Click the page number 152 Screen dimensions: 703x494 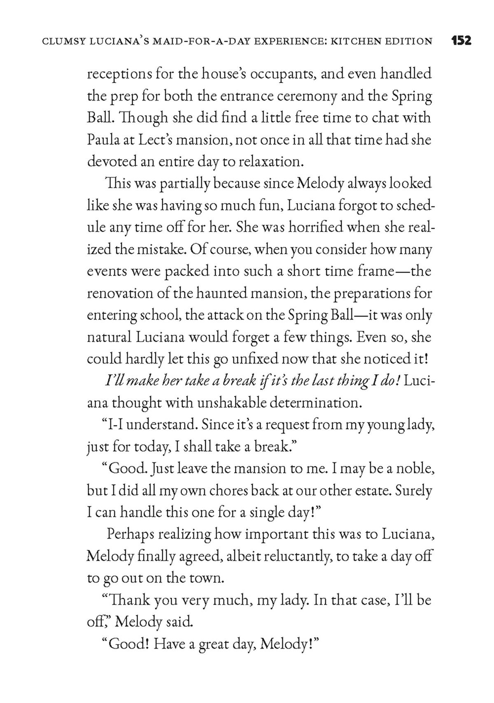pyautogui.click(x=461, y=41)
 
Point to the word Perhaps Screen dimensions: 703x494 pyautogui.click(x=130, y=534)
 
